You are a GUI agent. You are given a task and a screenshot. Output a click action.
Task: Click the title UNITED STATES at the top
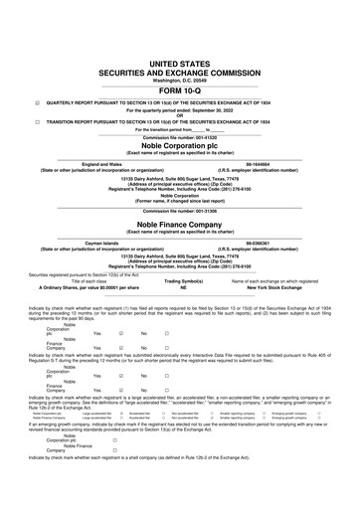[x=179, y=33]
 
